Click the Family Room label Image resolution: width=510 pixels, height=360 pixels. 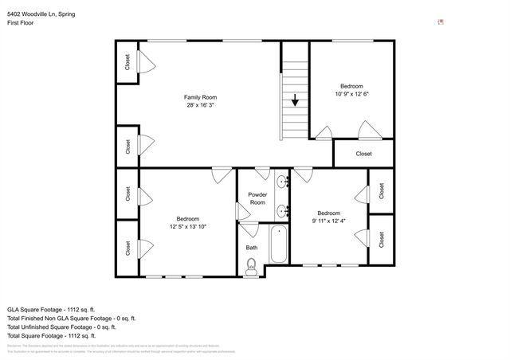[200, 96]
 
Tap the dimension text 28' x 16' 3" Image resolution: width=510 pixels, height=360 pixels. [200, 105]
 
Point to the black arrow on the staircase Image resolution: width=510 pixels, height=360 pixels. [295, 100]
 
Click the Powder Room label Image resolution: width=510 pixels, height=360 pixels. [257, 198]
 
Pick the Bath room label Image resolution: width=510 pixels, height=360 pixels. [251, 248]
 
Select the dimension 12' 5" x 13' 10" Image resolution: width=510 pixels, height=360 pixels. [187, 227]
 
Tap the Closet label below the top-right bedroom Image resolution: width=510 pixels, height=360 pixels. [363, 154]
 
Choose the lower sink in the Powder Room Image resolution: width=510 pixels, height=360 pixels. [282, 211]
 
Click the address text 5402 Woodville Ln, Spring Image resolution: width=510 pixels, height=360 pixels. [41, 14]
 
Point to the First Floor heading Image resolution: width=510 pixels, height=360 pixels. [22, 23]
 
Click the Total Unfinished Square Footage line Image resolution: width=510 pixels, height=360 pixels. [61, 327]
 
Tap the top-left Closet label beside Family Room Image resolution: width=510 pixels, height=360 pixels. [127, 61]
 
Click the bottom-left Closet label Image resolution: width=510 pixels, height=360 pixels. [127, 248]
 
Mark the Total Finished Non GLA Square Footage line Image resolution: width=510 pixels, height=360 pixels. [67, 318]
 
